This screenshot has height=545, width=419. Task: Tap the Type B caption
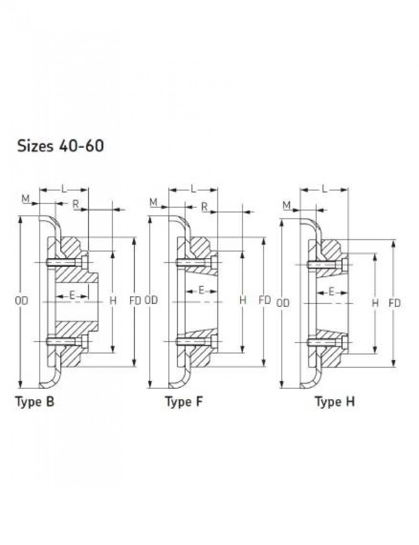coord(35,402)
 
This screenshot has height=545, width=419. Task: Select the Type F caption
coord(184,402)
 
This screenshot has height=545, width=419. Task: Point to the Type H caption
coord(335,402)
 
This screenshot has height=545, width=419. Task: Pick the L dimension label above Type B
coord(64,189)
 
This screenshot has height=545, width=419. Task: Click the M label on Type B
coord(26,199)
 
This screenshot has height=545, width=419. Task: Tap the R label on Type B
coord(76,204)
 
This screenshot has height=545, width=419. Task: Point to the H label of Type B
coord(112,300)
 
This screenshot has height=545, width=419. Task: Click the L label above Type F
coord(193,189)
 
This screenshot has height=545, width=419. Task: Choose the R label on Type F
coord(204,206)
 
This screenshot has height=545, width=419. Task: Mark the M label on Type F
coord(153,202)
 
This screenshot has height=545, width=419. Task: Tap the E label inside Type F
coord(201,291)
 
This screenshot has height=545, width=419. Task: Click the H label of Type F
coord(243,300)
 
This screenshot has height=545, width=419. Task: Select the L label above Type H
coord(324,189)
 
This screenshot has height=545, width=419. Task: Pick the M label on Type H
coord(287,205)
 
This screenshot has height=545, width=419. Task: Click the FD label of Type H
coord(395,303)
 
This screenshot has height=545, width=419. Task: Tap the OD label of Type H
coord(283,303)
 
